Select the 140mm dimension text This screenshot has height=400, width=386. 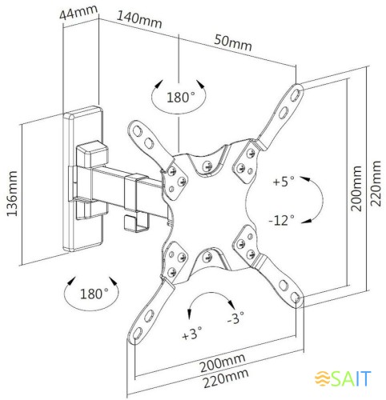point(139,19)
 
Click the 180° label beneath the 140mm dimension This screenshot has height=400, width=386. point(180,98)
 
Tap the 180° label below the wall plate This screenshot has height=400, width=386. point(94,294)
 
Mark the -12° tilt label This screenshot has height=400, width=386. point(281,218)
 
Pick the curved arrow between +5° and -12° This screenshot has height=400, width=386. point(314,200)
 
